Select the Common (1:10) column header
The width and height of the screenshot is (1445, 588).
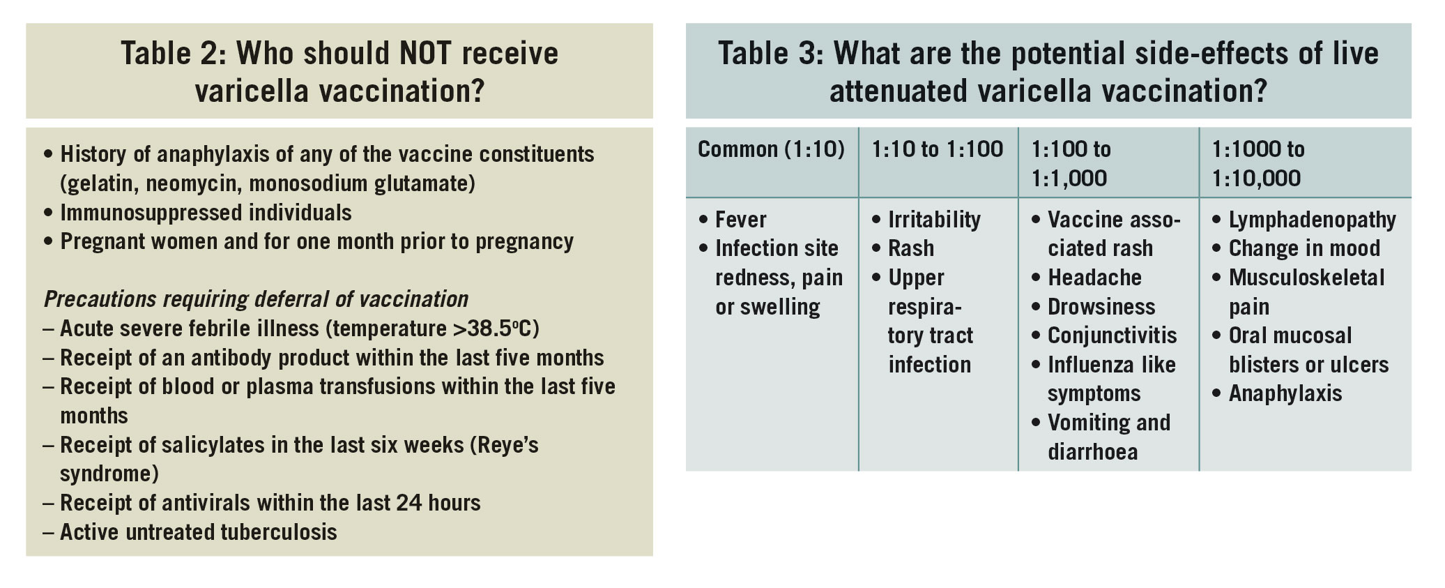pos(771,149)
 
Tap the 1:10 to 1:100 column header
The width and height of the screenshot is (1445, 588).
pos(938,149)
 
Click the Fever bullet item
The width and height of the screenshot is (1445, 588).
pos(740,220)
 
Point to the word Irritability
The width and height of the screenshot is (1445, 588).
pos(934,220)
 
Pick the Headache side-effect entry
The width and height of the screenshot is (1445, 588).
pos(1094,278)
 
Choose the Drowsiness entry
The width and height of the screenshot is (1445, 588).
pos(1101,307)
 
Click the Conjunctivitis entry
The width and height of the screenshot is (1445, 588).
pos(1112,336)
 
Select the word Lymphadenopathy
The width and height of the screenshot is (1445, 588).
pos(1312,220)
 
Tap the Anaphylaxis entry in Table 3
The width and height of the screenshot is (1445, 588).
pos(1285,394)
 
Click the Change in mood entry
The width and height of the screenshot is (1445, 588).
pos(1304,248)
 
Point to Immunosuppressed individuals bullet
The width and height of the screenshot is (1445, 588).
pos(206,213)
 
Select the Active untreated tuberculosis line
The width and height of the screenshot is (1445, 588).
pos(198,532)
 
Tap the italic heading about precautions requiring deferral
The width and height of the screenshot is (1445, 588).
pos(256,299)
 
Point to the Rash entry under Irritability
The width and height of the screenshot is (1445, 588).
pos(910,248)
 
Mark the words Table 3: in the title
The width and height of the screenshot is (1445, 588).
pos(770,54)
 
